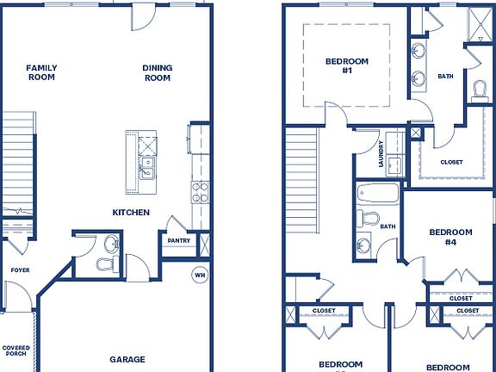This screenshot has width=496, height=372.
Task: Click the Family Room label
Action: (x=40, y=72)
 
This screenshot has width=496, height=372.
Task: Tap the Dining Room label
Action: (x=157, y=72)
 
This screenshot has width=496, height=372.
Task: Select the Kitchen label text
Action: (x=131, y=212)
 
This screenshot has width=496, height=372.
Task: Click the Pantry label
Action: (x=179, y=241)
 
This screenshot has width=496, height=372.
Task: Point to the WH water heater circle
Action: (x=199, y=276)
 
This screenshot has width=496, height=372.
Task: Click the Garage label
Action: (x=127, y=359)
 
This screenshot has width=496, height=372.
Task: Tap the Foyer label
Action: (x=19, y=270)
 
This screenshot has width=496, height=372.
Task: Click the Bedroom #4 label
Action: (x=450, y=238)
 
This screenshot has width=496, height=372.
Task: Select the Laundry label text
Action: (x=381, y=155)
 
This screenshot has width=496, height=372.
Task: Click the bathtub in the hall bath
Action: (x=378, y=194)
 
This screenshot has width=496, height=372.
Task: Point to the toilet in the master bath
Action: (x=480, y=89)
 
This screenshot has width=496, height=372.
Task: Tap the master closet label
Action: (x=451, y=162)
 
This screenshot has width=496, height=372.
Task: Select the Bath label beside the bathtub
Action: (x=387, y=227)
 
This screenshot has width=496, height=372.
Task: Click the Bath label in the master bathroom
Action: (x=445, y=76)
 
